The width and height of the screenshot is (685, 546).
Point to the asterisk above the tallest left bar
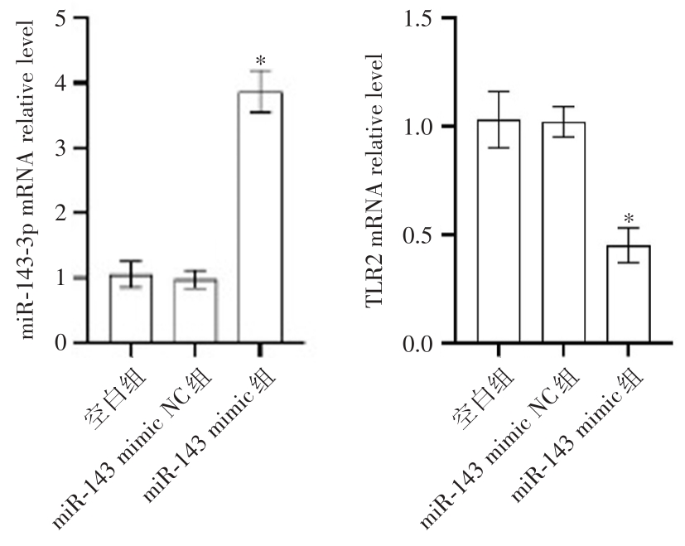point(260,60)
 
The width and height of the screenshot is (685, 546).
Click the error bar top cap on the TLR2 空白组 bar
point(499,91)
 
